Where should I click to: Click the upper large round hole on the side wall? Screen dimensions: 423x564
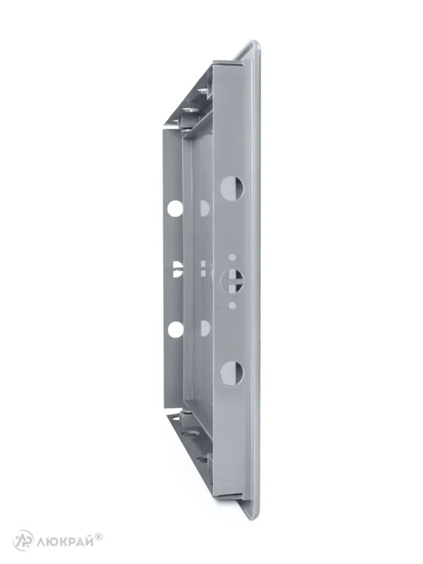(232, 188)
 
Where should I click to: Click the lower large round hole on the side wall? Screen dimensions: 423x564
(232, 373)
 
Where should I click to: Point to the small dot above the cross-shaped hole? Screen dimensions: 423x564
(233, 257)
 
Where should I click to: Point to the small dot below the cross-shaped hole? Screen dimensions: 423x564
(233, 306)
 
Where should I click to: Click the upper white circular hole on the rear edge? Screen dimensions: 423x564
(175, 208)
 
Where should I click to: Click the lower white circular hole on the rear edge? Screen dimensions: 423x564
(175, 329)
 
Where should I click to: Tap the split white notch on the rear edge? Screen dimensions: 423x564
(178, 269)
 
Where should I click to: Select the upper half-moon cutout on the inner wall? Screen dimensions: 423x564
(204, 208)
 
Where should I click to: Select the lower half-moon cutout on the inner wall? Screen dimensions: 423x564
(204, 329)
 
